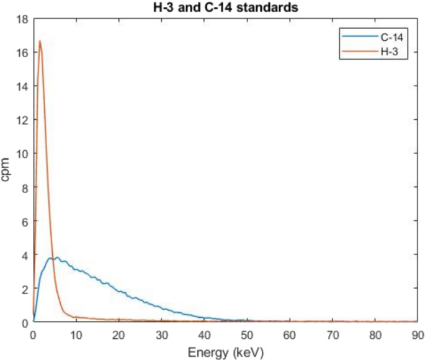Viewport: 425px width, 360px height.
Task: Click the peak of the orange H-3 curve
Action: pyautogui.click(x=40, y=42)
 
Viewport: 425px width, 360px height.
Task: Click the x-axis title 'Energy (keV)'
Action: pyautogui.click(x=225, y=352)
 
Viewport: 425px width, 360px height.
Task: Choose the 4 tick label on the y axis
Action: pyautogui.click(x=23, y=255)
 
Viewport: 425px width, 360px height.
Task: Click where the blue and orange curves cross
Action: pyautogui.click(x=51, y=258)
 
